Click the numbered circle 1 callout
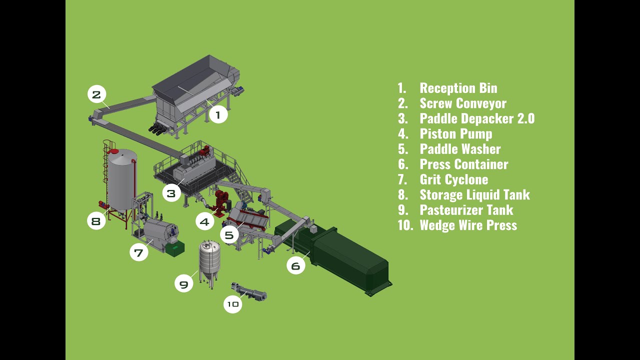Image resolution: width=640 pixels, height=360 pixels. pos(217,115)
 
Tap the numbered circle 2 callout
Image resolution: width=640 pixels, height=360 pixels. pos(96,94)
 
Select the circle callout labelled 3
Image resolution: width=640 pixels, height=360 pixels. pos(171,193)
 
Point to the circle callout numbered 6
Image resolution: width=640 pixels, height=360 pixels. pos(295,265)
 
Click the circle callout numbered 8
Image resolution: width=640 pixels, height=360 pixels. pos(96,221)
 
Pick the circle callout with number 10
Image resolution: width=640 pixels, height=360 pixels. pos(232,304)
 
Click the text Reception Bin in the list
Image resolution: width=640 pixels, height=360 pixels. pos(458,88)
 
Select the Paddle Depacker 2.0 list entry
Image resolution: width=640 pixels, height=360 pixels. pos(476,118)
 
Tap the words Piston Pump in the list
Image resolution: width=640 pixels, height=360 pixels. pos(455,134)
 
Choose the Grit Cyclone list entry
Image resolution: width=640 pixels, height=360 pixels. pos(453,179)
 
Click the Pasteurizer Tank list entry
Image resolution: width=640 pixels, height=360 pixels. pos(466,210)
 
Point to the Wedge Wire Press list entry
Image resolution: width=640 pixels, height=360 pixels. pos(468,225)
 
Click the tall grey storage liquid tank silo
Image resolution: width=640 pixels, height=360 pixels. pos(121,180)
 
